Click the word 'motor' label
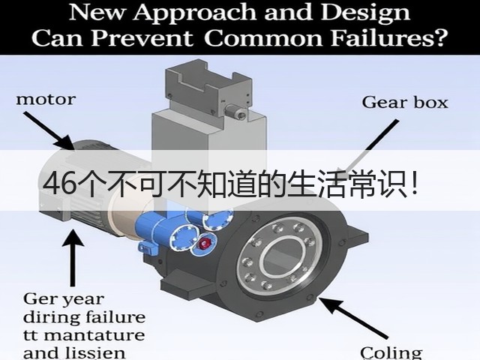(x=46, y=100)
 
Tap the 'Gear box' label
(x=405, y=103)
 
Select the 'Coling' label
(x=391, y=352)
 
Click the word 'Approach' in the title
(x=195, y=12)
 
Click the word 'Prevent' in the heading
(x=142, y=38)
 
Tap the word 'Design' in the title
(x=364, y=12)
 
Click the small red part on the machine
(x=205, y=244)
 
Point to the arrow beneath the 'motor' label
(x=49, y=130)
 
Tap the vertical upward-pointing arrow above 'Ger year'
(x=73, y=258)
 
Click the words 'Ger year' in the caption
(x=64, y=298)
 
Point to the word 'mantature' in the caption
(x=96, y=335)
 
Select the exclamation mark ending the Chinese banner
(x=415, y=184)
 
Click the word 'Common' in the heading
(x=262, y=38)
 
